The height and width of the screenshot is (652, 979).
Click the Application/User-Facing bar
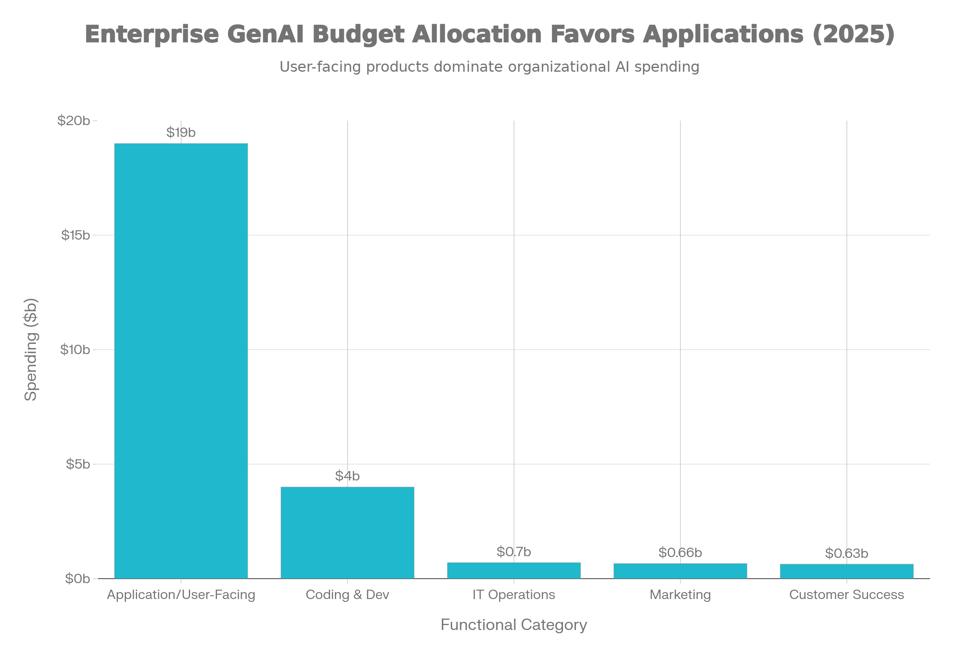(x=181, y=361)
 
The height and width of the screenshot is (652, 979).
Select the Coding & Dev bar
(x=347, y=532)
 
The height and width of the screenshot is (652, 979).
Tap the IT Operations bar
(x=514, y=570)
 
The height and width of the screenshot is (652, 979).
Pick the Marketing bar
(x=680, y=570)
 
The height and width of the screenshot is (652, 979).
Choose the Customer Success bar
(x=847, y=571)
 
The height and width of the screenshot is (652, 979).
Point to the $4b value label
(x=347, y=476)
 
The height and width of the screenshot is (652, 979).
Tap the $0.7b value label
(x=514, y=552)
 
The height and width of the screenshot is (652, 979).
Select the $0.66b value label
(x=680, y=553)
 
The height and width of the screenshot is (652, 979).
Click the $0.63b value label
(x=847, y=553)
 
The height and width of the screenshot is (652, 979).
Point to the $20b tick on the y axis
(x=74, y=121)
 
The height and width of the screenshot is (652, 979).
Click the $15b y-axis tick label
(x=75, y=236)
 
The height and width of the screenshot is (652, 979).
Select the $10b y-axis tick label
(x=75, y=350)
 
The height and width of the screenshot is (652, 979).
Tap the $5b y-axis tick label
(x=78, y=464)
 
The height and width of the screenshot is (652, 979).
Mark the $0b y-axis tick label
(x=78, y=579)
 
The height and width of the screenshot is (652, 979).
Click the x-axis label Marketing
(x=680, y=595)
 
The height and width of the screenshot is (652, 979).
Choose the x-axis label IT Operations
(x=514, y=595)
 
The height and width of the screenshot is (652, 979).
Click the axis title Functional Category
(x=514, y=625)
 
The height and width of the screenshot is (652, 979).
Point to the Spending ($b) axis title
(x=31, y=349)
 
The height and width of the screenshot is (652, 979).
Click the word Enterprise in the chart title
(x=151, y=34)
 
